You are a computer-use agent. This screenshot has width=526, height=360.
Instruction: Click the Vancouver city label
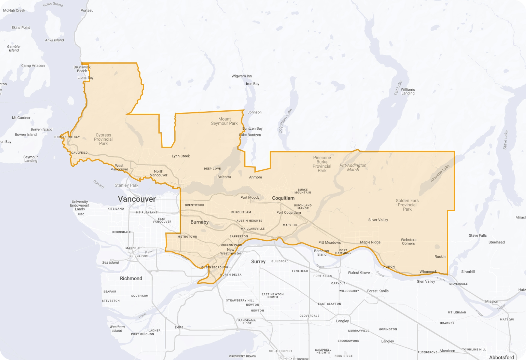tap(137, 199)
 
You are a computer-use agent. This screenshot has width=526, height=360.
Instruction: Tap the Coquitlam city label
tap(283, 198)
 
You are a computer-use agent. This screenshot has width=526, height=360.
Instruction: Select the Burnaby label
tap(200, 222)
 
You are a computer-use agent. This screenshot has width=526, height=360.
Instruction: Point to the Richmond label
tap(131, 278)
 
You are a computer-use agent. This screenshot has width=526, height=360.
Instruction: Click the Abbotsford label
tap(501, 357)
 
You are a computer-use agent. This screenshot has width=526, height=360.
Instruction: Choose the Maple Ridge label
tap(370, 242)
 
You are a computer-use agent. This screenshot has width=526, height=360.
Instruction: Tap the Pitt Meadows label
tap(329, 242)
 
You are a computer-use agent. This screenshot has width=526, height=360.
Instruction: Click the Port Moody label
tap(250, 197)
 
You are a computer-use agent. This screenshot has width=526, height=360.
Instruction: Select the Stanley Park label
tap(127, 185)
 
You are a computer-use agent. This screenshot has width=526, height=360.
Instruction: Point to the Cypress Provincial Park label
tap(103, 139)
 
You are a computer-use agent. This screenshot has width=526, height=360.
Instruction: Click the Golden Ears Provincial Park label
tap(407, 205)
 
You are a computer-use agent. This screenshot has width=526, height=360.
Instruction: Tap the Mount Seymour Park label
tap(224, 121)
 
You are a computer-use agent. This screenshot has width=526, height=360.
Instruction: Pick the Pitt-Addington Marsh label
tap(353, 167)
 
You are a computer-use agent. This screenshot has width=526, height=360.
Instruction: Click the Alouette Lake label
tap(440, 173)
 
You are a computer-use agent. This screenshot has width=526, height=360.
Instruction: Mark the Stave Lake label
tap(506, 140)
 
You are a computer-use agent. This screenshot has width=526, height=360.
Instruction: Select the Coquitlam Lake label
tap(285, 121)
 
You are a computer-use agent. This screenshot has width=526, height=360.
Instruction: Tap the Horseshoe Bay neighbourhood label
tap(67, 137)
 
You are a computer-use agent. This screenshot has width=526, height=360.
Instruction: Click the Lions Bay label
tap(86, 77)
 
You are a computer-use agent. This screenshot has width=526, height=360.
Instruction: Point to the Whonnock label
tap(428, 271)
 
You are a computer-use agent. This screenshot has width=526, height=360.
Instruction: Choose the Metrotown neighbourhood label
tap(188, 237)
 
